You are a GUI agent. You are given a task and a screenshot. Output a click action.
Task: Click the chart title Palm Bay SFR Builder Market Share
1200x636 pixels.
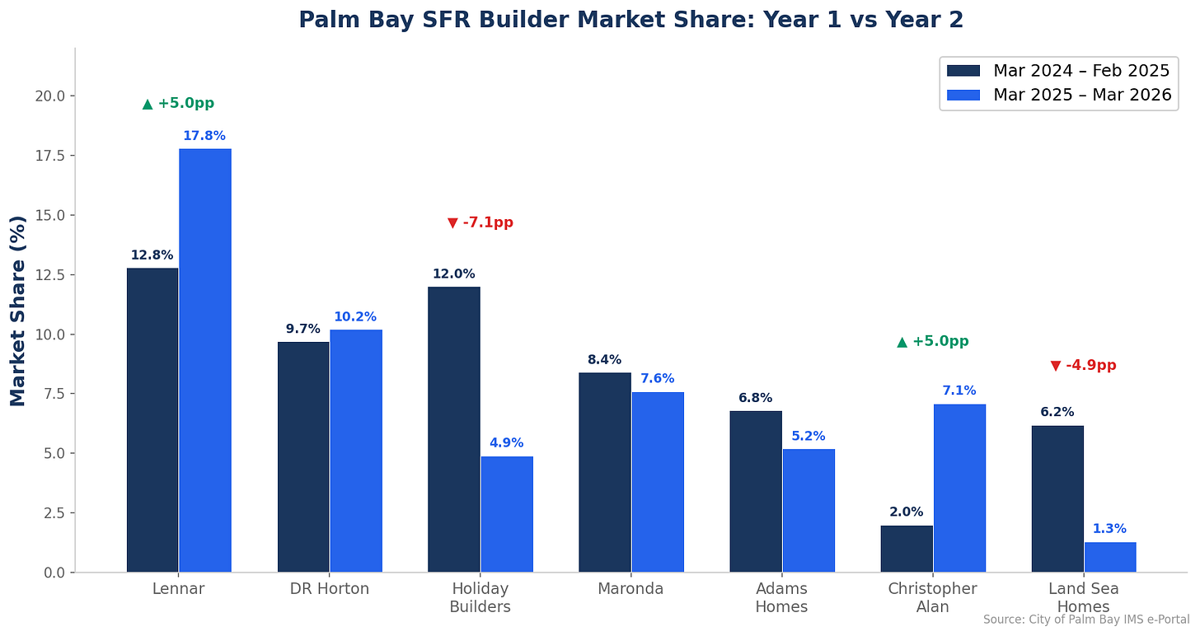point(630,20)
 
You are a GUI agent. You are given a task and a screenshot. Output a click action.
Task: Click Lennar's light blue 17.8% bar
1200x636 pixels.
point(205,360)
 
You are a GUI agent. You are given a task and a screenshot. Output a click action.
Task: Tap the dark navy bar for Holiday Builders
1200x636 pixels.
point(453,429)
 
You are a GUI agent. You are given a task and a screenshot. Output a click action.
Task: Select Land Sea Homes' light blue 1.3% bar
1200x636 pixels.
point(1109,557)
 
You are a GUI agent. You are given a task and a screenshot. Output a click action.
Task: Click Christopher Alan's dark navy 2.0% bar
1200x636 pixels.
point(907,549)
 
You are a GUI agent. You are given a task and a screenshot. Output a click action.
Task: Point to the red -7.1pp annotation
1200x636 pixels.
point(480,222)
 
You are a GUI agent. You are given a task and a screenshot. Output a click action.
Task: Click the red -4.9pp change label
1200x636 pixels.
point(1083,365)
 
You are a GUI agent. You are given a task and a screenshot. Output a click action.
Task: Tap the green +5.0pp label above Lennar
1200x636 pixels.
point(178,103)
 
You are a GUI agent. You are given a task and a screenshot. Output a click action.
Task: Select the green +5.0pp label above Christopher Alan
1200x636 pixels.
point(933,341)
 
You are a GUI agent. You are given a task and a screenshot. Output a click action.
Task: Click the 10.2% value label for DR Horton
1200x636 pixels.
point(355,317)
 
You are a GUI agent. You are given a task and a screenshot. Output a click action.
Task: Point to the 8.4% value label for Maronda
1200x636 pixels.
point(604,360)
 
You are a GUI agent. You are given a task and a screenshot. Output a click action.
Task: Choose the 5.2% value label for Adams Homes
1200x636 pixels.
point(808,437)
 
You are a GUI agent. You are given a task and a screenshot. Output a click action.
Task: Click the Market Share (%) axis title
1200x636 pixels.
point(18,311)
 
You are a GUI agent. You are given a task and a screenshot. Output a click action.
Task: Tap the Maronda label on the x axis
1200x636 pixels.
point(630,589)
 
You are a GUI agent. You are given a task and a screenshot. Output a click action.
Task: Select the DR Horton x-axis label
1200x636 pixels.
point(330,589)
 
